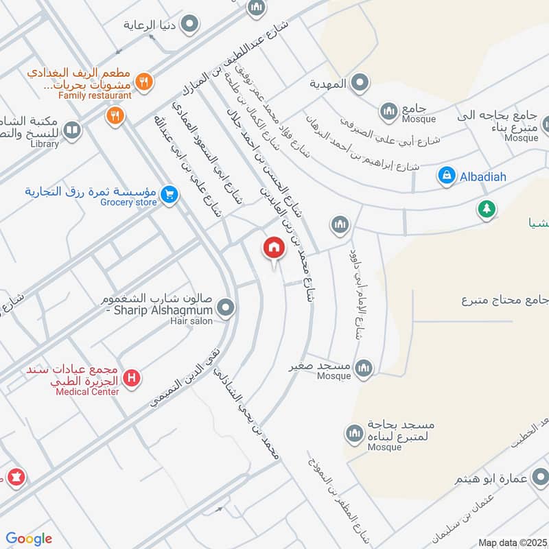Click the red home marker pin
click(x=273, y=248)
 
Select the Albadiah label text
click(x=482, y=177)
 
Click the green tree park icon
click(x=487, y=209)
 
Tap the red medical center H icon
click(x=132, y=377)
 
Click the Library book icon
click(x=71, y=129)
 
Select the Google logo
click(x=29, y=539)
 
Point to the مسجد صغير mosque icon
click(x=364, y=369)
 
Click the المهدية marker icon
click(x=359, y=84)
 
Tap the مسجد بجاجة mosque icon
click(x=354, y=434)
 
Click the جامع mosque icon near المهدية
click(x=389, y=110)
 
